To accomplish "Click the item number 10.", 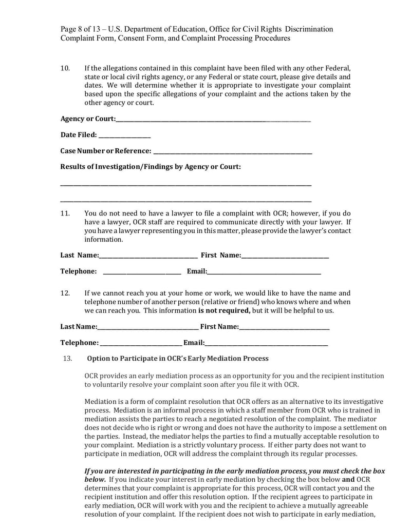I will [65, 68].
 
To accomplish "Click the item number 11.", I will [65, 213].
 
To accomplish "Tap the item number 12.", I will [65, 293].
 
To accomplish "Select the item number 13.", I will [67, 359].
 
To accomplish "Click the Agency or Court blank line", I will [213, 120].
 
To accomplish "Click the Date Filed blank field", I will [124, 135].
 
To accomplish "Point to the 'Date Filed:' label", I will [79, 135].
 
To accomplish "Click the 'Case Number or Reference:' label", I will [106, 151].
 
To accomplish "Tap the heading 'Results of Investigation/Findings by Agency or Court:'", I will [151, 167].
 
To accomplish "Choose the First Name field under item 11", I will [285, 256].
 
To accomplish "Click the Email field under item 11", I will [264, 272].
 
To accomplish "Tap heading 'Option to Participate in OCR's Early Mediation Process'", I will [178, 359].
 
